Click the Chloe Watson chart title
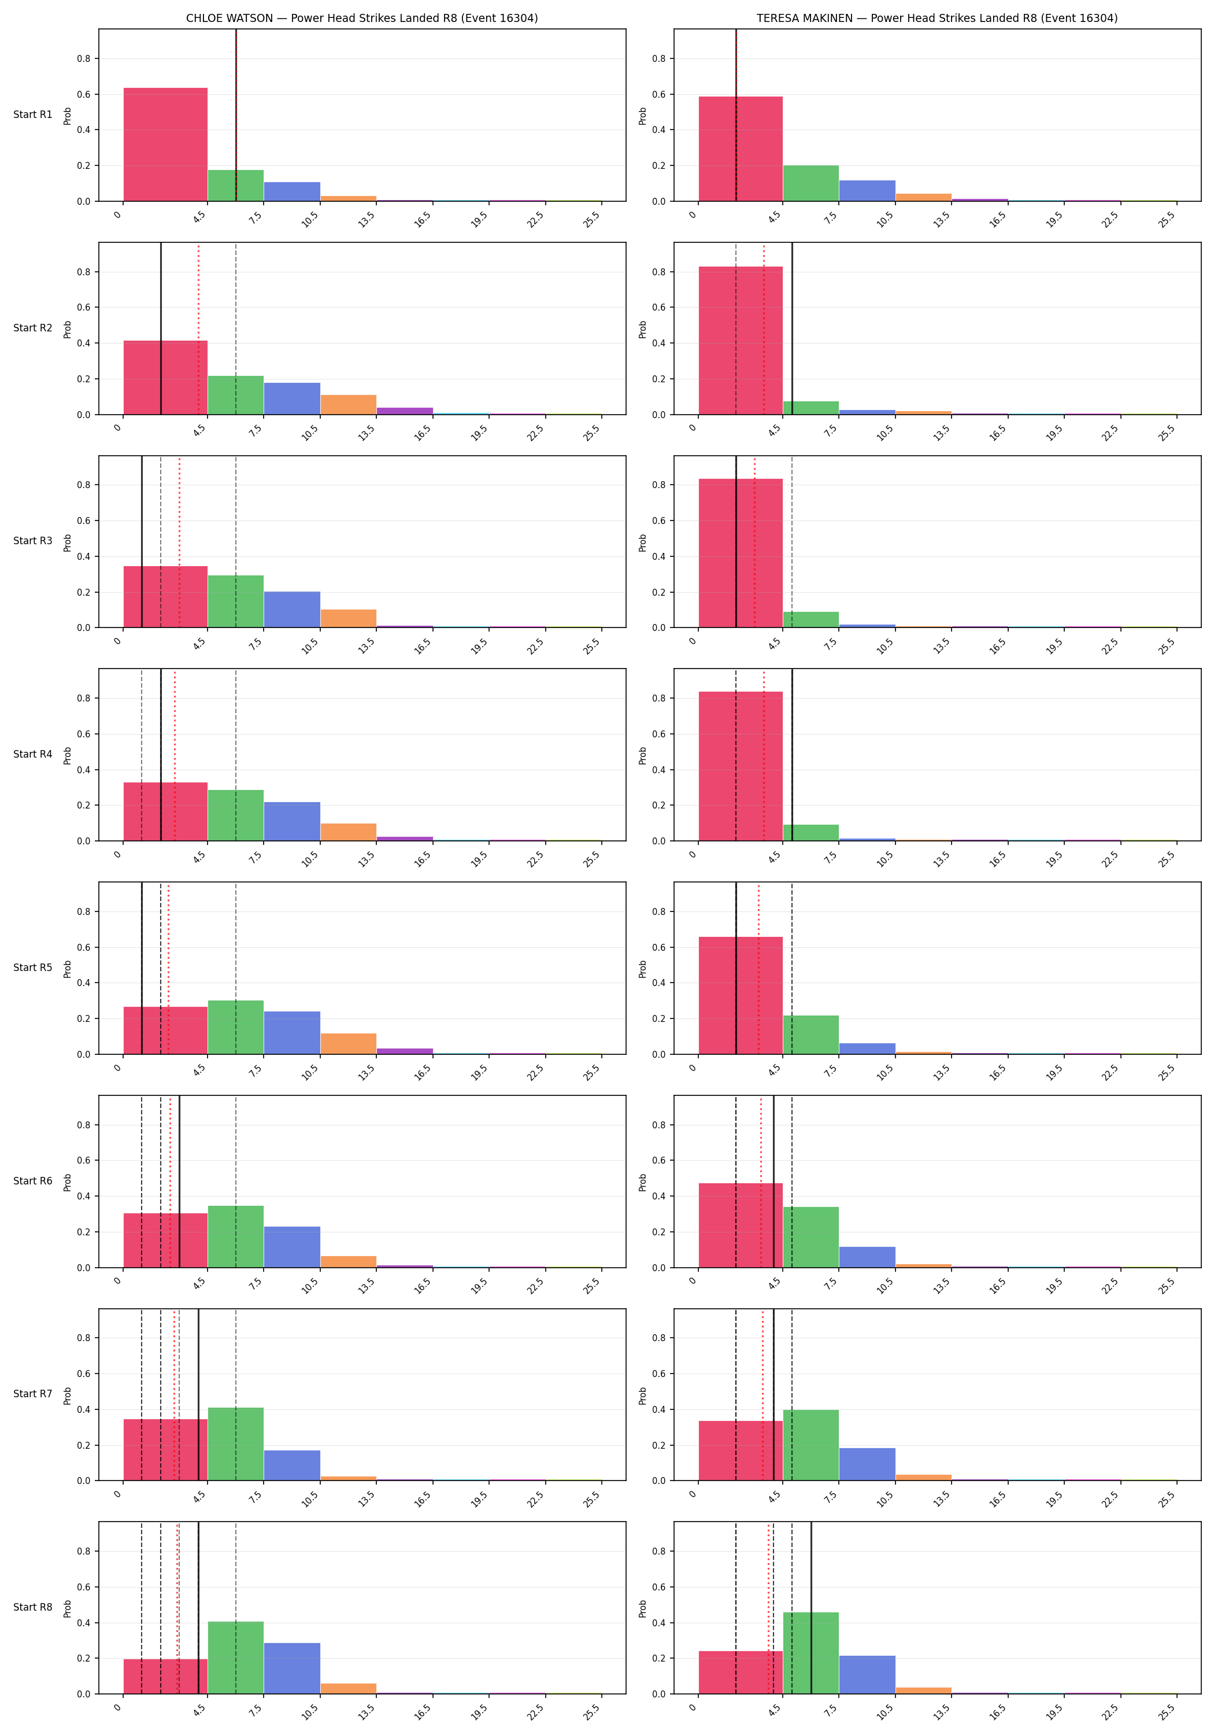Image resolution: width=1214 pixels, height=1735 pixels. (362, 18)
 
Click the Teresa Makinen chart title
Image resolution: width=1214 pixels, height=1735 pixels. (937, 18)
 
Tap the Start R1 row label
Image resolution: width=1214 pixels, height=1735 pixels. (32, 115)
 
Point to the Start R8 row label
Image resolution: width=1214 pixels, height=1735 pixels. (32, 1607)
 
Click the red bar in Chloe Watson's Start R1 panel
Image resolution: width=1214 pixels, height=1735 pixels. (165, 145)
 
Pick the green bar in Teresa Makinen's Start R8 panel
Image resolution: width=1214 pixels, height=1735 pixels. (810, 1653)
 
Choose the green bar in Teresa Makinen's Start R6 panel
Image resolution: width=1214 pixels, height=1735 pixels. (810, 1236)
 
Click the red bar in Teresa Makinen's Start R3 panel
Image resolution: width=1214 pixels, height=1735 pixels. (741, 553)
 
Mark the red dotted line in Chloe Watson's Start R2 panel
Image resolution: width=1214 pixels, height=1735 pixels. (199, 328)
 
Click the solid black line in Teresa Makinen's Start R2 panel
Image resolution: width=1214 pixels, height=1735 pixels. (792, 328)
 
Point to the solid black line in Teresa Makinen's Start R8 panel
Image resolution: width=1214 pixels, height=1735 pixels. (810, 1607)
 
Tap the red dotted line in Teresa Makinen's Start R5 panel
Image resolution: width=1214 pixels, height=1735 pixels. (758, 968)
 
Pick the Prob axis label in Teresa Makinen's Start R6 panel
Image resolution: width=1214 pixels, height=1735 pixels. (643, 1181)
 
